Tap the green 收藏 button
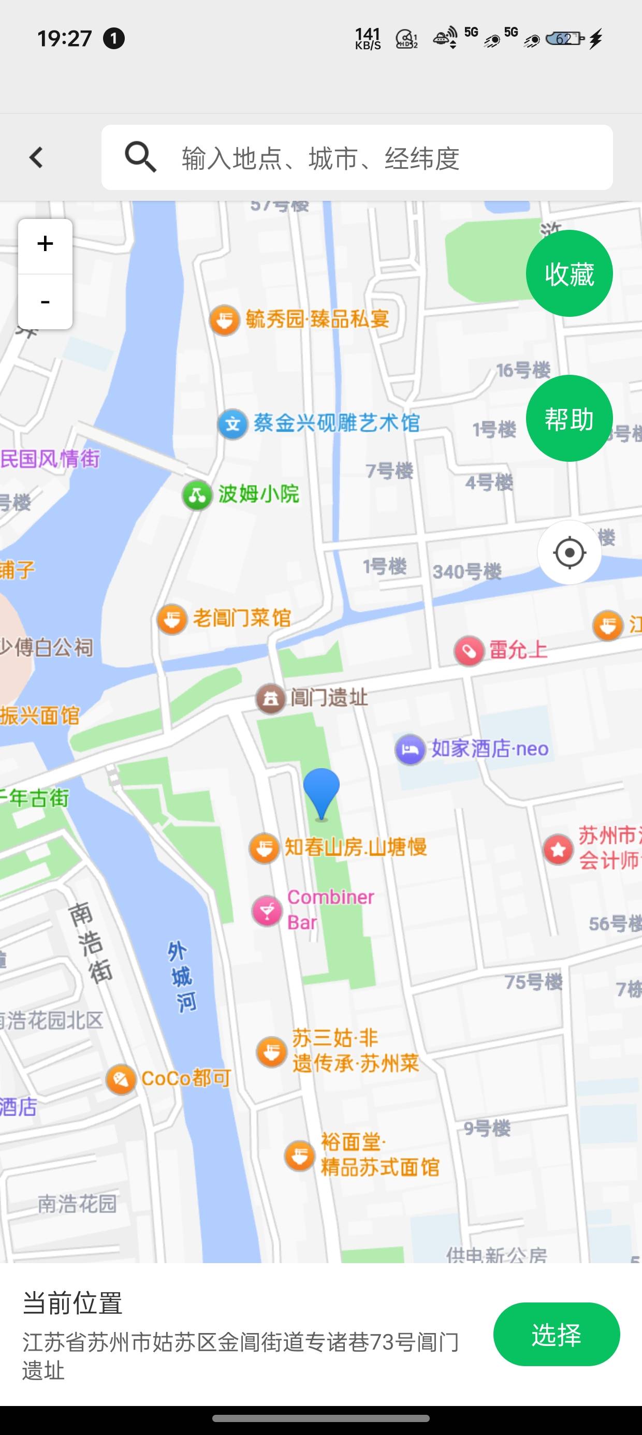point(569,273)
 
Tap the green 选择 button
point(556,1334)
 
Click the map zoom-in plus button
point(45,244)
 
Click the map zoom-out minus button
point(45,302)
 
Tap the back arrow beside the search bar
point(37,158)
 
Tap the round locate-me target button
point(569,552)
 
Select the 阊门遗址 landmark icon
point(270,698)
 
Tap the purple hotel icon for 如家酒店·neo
point(410,749)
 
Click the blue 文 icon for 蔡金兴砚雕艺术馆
point(232,424)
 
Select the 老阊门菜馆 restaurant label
point(241,618)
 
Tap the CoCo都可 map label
point(185,1078)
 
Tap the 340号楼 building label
point(467,572)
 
